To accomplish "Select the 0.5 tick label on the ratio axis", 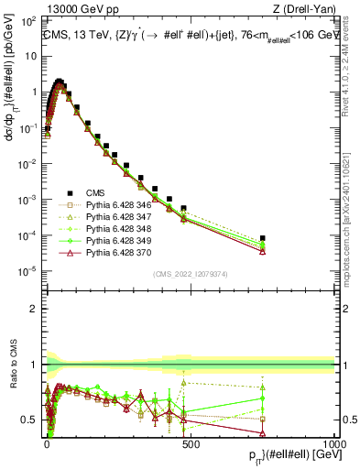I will click(x=31, y=420).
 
